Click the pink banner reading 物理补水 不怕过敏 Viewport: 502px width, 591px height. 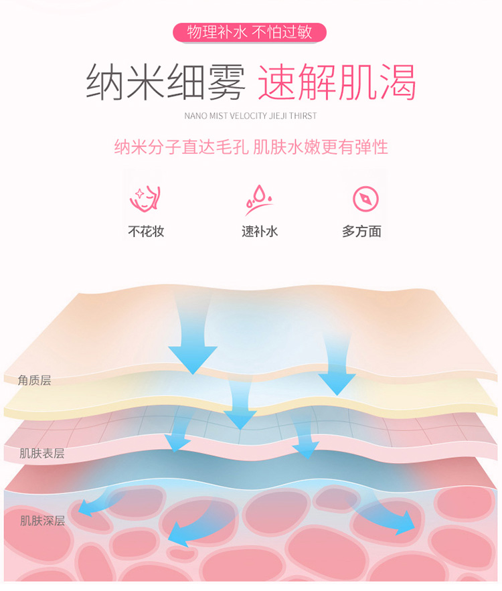coord(250,32)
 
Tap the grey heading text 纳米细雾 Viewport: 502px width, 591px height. coord(166,82)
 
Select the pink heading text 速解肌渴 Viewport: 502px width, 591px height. coord(337,82)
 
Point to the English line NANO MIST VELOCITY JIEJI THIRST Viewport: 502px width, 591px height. coord(250,116)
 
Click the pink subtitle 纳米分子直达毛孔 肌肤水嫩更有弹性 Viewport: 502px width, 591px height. coord(251,147)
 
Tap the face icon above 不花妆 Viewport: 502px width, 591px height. coord(145,199)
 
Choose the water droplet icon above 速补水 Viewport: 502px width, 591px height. coord(259,199)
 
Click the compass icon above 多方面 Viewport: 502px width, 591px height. coord(365,199)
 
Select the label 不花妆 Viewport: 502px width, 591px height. coord(146,231)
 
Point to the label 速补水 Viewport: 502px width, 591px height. coord(260,231)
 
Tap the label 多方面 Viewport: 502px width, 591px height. coord(362,231)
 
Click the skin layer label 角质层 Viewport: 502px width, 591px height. coord(34,380)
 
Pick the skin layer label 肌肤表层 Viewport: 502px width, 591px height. coord(41,453)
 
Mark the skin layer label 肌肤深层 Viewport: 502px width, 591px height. coord(42,521)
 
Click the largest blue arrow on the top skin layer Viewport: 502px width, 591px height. coord(193,339)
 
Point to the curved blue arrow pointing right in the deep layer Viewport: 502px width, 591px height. coord(388,517)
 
